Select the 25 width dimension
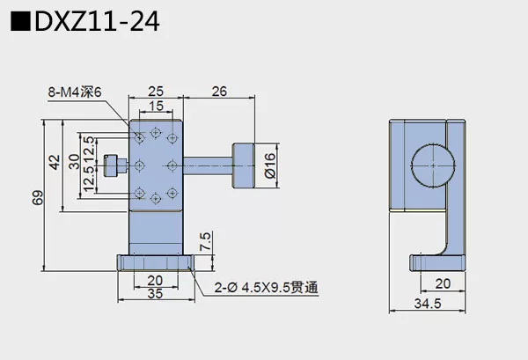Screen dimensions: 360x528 coord(156,91)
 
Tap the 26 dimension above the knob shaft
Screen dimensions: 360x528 coord(220,91)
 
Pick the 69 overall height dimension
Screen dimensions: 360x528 coord(38,197)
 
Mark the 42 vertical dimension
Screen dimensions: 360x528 coord(55,163)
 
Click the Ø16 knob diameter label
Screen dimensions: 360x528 coord(271,165)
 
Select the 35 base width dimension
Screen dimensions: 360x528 coord(155,293)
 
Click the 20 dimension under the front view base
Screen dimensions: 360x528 coord(155,280)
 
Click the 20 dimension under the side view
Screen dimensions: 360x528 coord(443,284)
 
